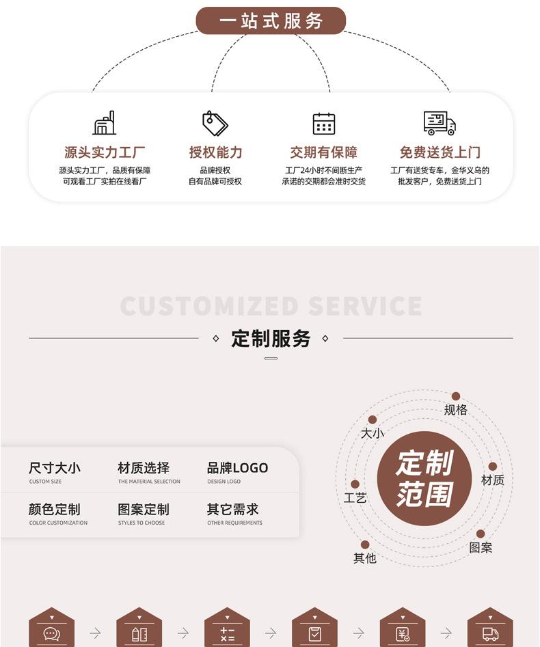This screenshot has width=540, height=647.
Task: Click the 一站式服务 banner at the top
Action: [x=271, y=20]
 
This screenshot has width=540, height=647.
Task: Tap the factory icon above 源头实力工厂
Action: [x=105, y=123]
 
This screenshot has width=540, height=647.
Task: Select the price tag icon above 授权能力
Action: [x=215, y=124]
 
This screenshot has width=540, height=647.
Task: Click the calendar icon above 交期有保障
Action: [x=323, y=124]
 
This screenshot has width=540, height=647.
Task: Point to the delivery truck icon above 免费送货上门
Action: [x=440, y=124]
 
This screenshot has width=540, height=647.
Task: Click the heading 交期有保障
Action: [x=323, y=152]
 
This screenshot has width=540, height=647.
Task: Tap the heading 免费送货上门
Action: [x=440, y=152]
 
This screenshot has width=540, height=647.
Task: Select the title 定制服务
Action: [x=271, y=338]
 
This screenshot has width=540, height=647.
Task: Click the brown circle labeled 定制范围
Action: [x=424, y=478]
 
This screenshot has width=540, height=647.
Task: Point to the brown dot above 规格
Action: [x=456, y=396]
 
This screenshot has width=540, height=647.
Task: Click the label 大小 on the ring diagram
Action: [x=373, y=433]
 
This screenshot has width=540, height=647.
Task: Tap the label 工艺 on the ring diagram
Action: [x=355, y=498]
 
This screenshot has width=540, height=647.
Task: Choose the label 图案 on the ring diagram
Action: [x=481, y=548]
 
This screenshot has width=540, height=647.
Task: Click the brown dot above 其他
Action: [x=365, y=545]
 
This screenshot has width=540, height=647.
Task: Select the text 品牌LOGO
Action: [x=237, y=468]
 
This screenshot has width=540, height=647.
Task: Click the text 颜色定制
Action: [x=55, y=510]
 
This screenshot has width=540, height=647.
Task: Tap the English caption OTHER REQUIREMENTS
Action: [x=234, y=523]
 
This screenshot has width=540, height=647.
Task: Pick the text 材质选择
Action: [x=144, y=468]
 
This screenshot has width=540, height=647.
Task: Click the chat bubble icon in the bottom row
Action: [x=51, y=634]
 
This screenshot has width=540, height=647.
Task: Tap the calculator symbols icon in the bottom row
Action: [x=227, y=634]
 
